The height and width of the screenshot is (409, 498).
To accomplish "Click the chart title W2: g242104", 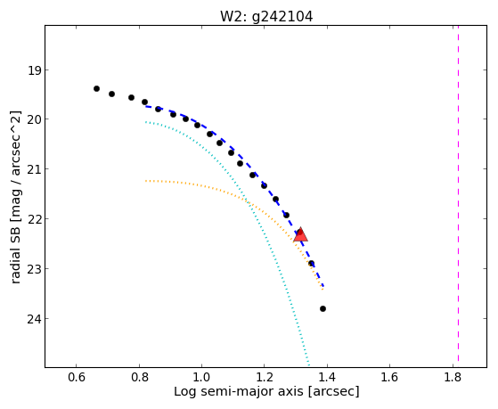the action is [x=266, y=17].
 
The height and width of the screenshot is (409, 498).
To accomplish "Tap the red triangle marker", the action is [x=300, y=235].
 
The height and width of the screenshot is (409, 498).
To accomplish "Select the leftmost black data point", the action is [x=96, y=89].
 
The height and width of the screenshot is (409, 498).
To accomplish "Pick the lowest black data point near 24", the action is [x=323, y=308].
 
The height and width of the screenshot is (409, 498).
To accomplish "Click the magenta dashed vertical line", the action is [x=458, y=193].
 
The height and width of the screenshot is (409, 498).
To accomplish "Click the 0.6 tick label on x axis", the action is [x=77, y=377].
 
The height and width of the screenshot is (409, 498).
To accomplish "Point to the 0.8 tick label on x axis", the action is [x=139, y=377].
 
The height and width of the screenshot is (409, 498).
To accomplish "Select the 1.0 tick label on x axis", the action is [x=201, y=377].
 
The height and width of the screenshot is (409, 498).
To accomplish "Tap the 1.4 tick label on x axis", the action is [x=327, y=377].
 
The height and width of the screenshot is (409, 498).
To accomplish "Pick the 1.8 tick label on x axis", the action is [x=453, y=377].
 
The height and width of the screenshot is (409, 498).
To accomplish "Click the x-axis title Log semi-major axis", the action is [x=239, y=391].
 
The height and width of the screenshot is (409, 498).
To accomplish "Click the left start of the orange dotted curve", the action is [x=146, y=181].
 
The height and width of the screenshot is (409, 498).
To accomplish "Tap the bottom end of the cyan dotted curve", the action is [x=308, y=364].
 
